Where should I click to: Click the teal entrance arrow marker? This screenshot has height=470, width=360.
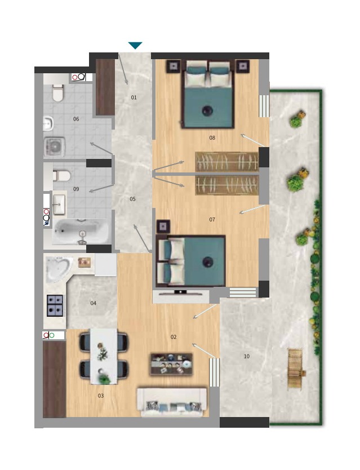tap(135, 46)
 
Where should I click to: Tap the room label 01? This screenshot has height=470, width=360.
tap(134, 97)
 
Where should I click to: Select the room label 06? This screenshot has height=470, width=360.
tap(76, 119)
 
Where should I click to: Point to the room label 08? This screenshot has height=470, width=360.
tap(212, 138)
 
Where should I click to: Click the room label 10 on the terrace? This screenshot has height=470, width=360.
tap(247, 356)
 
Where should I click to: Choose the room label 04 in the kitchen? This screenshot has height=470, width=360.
tap(93, 303)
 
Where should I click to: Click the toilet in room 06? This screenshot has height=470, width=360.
tap(58, 92)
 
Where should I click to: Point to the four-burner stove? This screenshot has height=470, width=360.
tap(55, 306)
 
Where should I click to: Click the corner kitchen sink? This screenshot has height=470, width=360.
tap(59, 269)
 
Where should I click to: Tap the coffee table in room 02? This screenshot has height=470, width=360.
tap(171, 364)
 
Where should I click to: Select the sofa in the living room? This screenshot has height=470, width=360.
tap(172, 402)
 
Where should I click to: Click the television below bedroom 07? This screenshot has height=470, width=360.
tap(180, 292)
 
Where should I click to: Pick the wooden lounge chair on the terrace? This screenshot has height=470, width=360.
tap(296, 369)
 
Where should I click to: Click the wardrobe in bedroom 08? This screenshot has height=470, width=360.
tap(227, 162)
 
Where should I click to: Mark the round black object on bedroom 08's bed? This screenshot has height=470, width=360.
tap(207, 110)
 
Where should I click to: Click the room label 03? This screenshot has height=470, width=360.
tap(101, 396)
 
